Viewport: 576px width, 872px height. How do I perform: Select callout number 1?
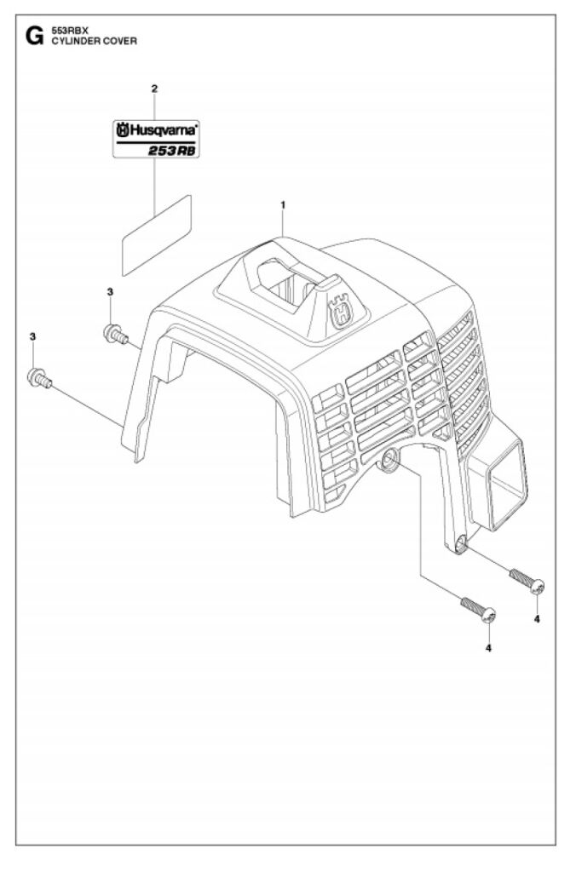(282, 204)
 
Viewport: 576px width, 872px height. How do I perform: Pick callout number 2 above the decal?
(154, 89)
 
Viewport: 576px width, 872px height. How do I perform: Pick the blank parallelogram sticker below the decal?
(156, 235)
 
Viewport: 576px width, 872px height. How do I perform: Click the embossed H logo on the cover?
(343, 311)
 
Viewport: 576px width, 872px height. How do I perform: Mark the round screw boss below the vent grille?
(389, 461)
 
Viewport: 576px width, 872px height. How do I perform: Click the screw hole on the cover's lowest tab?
(461, 545)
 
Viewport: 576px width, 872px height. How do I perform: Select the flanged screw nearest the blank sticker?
(112, 334)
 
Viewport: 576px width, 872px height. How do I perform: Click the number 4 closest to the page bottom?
(488, 648)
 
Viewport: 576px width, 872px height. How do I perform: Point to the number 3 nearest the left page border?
(32, 337)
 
